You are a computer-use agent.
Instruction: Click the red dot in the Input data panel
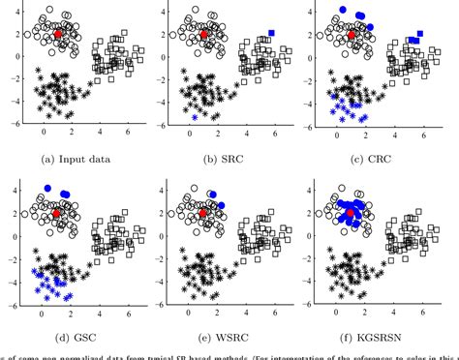tap(57, 34)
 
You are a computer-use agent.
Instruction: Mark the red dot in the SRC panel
tap(204, 34)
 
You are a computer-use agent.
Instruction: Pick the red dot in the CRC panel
tap(352, 34)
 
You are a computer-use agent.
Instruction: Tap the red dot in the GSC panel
tap(57, 212)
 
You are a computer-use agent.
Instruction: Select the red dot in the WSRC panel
tap(204, 212)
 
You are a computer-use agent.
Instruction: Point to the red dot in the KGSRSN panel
tap(352, 212)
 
